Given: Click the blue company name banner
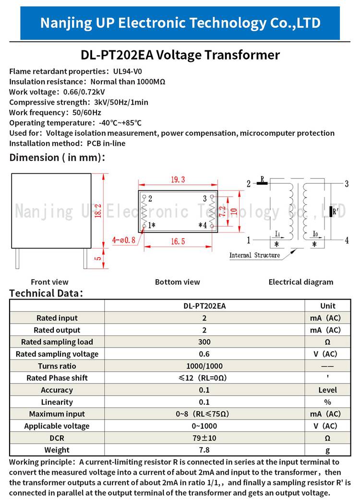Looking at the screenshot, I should coord(180,23).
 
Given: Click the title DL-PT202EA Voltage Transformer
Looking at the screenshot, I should coord(180,55).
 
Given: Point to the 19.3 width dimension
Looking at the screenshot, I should coord(178,180).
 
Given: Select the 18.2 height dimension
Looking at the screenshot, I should coord(98,210).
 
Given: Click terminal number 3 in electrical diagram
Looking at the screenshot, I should coord(347,183).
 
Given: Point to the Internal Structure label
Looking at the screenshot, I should coord(254,255).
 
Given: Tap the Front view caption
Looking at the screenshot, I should coord(49,282).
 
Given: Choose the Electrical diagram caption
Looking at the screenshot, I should coord(300,282).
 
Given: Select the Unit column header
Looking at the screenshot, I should coord(328,306).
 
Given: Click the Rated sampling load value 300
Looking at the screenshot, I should coord(204,342).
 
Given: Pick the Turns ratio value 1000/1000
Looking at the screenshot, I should coord(204,366).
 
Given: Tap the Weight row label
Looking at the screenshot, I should coord(57,450).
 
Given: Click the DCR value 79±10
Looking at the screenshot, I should coord(204,438).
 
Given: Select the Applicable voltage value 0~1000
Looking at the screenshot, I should coord(204,426).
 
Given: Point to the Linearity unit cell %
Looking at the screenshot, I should coord(328,402).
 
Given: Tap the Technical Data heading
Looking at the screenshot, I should coord(47,293).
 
